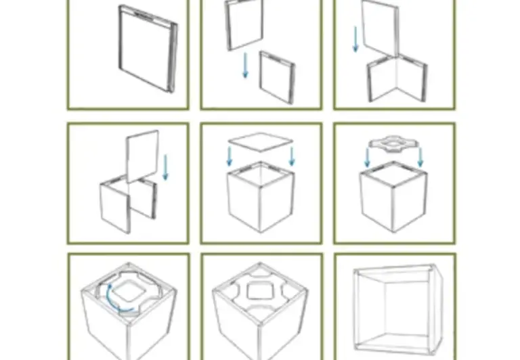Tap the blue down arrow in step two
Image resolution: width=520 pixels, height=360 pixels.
point(246,66)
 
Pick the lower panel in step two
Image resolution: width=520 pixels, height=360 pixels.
point(277,76)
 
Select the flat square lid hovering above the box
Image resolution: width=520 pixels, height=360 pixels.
point(261,142)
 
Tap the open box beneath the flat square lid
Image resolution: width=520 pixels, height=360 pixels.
point(261,200)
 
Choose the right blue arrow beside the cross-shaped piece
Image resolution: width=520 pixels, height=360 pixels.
point(420,157)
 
